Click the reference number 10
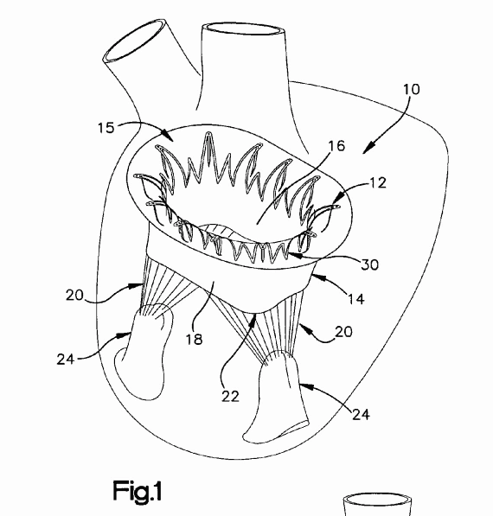tap(412, 89)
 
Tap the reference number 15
tap(106, 127)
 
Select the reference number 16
tap(336, 146)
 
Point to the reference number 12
tap(378, 183)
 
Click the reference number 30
tap(370, 264)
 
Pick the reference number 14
tap(356, 299)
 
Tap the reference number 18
tap(194, 339)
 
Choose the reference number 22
tap(230, 396)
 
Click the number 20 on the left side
tap(74, 295)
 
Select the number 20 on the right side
tap(343, 332)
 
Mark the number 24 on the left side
tap(66, 359)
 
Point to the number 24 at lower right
tap(361, 414)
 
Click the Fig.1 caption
tap(138, 491)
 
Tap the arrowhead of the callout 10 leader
tap(368, 149)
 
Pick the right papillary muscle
tap(277, 398)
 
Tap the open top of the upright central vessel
tap(244, 29)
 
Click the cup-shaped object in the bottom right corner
tap(377, 504)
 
